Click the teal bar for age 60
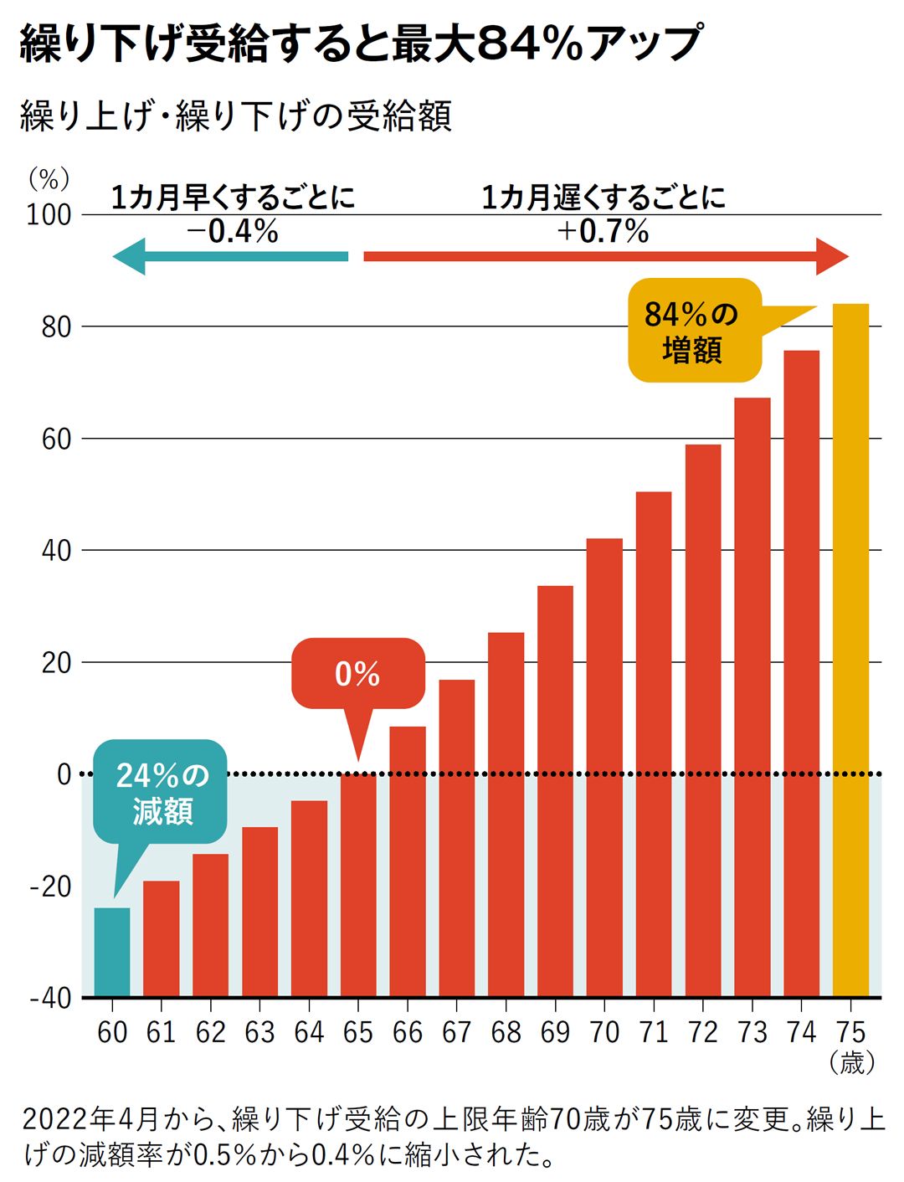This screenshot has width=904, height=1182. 112,952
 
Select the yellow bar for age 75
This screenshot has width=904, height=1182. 850,650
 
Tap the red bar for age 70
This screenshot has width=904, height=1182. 604,767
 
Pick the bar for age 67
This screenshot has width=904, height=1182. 456,837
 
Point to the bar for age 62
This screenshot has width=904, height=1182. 210,924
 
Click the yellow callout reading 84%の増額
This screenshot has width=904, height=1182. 694,331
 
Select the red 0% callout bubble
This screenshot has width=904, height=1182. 358,674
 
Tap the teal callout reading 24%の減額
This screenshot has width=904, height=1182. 161,792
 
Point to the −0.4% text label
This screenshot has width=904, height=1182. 232,231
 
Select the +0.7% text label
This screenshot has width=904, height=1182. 603,231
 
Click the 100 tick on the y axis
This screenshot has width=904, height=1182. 49,215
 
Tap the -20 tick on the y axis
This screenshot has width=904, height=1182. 50,886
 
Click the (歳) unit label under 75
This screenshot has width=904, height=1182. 851,1063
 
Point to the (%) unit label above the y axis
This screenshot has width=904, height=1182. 49,178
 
